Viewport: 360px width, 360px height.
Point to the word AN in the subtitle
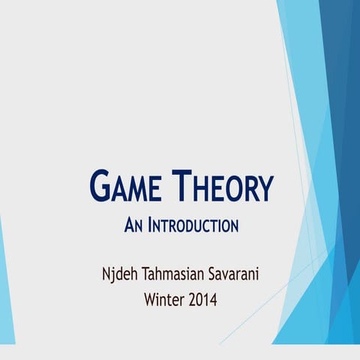click(x=132, y=225)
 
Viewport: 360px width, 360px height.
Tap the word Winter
click(x=164, y=300)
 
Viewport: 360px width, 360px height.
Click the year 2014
click(x=203, y=300)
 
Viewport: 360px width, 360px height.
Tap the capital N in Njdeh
click(x=106, y=270)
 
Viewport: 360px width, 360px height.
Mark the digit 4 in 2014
click(x=213, y=300)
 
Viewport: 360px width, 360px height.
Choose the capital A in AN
click(x=127, y=225)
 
